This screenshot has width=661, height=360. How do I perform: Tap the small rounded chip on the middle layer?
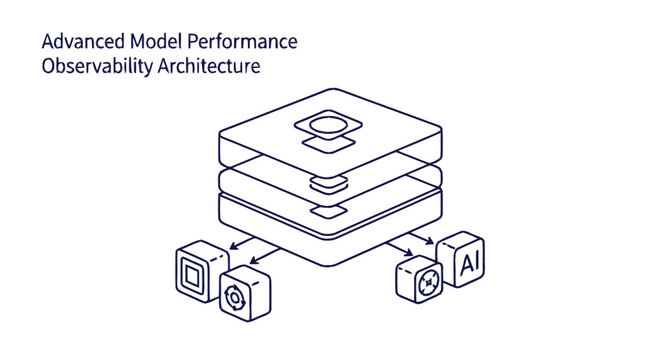pyautogui.click(x=327, y=182)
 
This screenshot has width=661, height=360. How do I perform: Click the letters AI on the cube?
pyautogui.click(x=466, y=264)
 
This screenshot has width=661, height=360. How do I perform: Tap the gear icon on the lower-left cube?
pyautogui.click(x=237, y=297)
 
